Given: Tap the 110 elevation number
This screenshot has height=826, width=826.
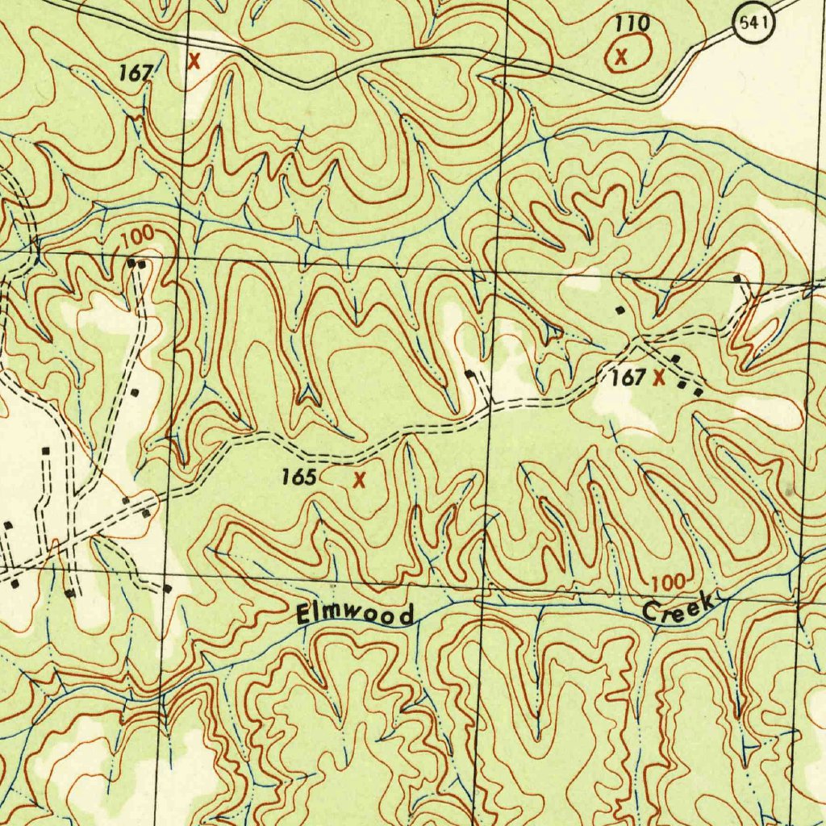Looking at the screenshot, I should coord(632,24).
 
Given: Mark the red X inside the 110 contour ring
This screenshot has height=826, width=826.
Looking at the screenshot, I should coord(621,56).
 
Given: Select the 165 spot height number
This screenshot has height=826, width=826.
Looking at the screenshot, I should coord(298,477).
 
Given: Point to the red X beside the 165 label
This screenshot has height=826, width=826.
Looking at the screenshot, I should coord(360,480).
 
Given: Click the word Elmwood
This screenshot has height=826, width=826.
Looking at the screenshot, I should coord(356,615).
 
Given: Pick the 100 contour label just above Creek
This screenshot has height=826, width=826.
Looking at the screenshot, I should coord(668,582).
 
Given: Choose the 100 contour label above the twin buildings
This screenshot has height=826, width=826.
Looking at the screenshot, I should coord(138,238).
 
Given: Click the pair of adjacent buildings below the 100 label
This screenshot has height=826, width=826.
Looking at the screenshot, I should coord(137,263).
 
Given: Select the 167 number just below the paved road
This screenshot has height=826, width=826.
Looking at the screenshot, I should coord(136,73).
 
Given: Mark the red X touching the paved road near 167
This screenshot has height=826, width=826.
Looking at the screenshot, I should coord(194,60).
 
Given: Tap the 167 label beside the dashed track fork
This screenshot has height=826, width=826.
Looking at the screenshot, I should coord(628,377).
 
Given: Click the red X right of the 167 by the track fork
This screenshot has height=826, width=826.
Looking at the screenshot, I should coord(660,377).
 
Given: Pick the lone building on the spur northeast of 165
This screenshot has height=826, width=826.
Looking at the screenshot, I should coord(470,373).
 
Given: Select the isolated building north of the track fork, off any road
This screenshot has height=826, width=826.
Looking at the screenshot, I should coord(619,309).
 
